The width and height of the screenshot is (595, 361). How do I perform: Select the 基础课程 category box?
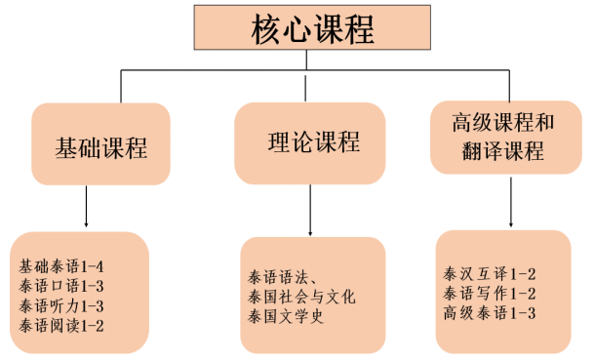tap(100, 148)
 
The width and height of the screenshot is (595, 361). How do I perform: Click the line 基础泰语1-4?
tap(60, 264)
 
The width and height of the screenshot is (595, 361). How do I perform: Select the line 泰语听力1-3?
tap(60, 304)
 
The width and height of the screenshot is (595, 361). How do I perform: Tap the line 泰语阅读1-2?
tap(60, 324)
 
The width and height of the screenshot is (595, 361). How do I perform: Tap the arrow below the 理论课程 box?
tap(309, 210)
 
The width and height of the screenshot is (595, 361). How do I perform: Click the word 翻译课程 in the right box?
tap(504, 152)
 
